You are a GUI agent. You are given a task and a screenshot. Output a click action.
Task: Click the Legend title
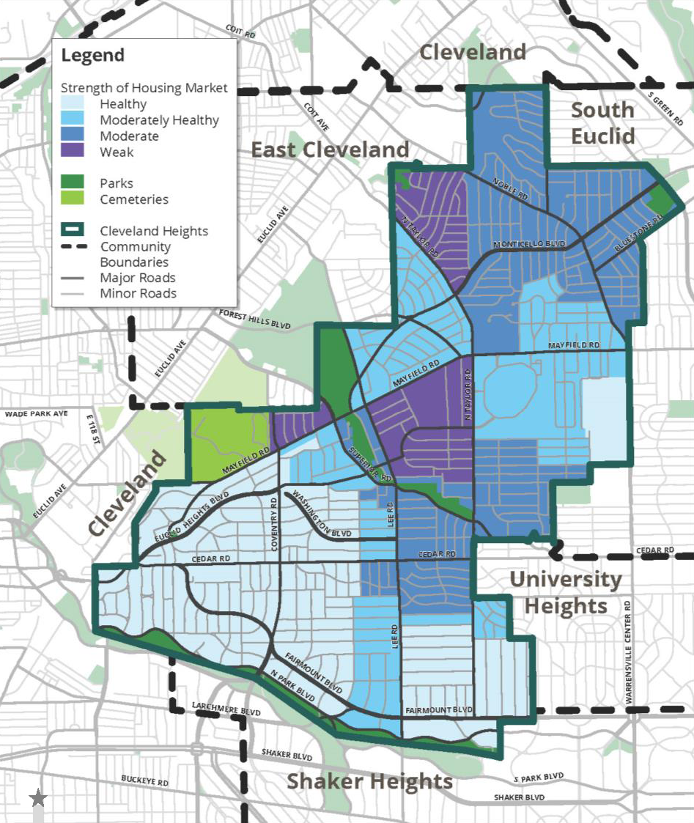coord(92,56)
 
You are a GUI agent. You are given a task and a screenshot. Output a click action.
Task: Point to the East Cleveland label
coord(330,150)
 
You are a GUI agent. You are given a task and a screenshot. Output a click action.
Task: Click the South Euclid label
coord(602,122)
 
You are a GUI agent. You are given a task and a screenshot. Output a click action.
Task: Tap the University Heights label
coord(565,593)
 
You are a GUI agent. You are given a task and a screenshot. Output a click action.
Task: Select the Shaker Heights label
coord(369,781)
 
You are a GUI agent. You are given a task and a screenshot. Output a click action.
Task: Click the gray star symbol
coord(38,798)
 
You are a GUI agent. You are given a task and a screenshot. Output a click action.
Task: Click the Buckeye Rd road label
coord(145,783)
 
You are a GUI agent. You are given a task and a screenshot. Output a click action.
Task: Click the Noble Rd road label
coord(510,189)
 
